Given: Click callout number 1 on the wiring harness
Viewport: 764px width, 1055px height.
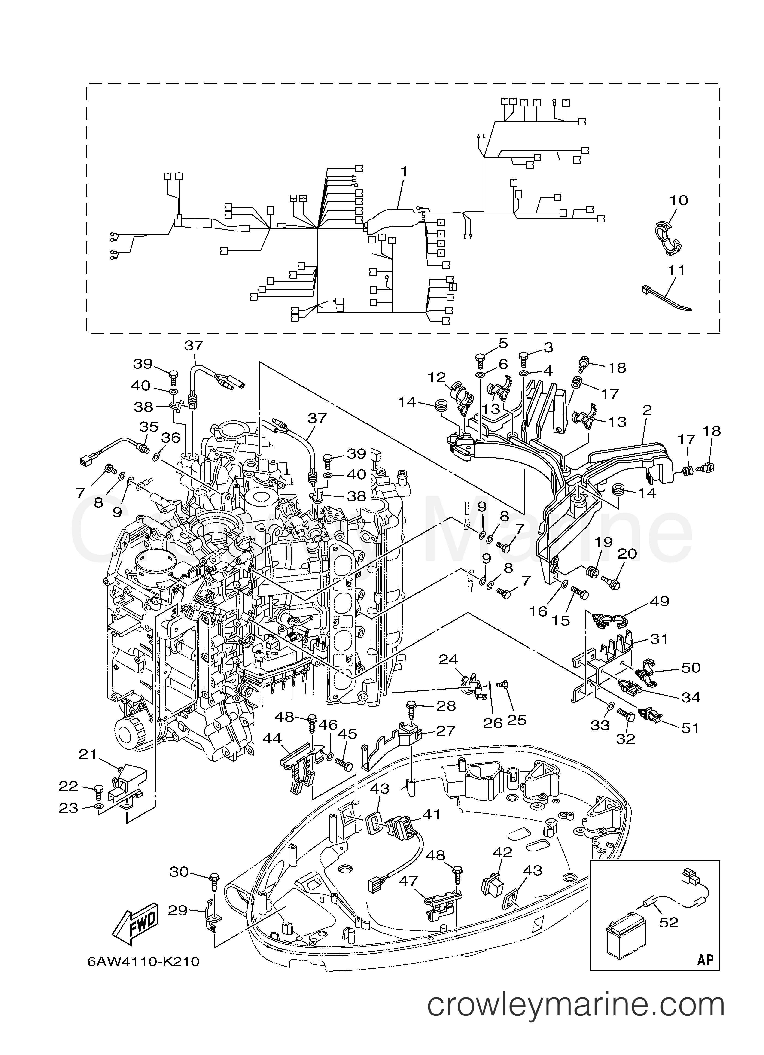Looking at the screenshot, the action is click(x=404, y=172).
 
